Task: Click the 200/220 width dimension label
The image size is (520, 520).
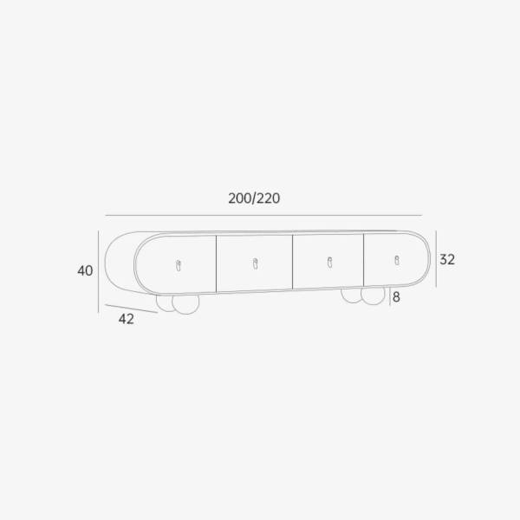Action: point(254,198)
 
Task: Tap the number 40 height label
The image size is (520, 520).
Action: point(85,271)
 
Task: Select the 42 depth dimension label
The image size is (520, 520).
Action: point(127,319)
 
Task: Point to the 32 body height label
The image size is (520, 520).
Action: point(447,259)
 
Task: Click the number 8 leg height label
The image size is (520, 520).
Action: point(396,297)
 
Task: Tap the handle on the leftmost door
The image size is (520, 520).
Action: point(179,266)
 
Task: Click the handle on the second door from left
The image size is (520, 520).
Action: point(255,263)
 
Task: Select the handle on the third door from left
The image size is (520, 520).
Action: point(329,263)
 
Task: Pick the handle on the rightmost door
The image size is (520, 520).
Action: point(397,260)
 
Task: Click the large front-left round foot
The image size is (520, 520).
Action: point(185,303)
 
